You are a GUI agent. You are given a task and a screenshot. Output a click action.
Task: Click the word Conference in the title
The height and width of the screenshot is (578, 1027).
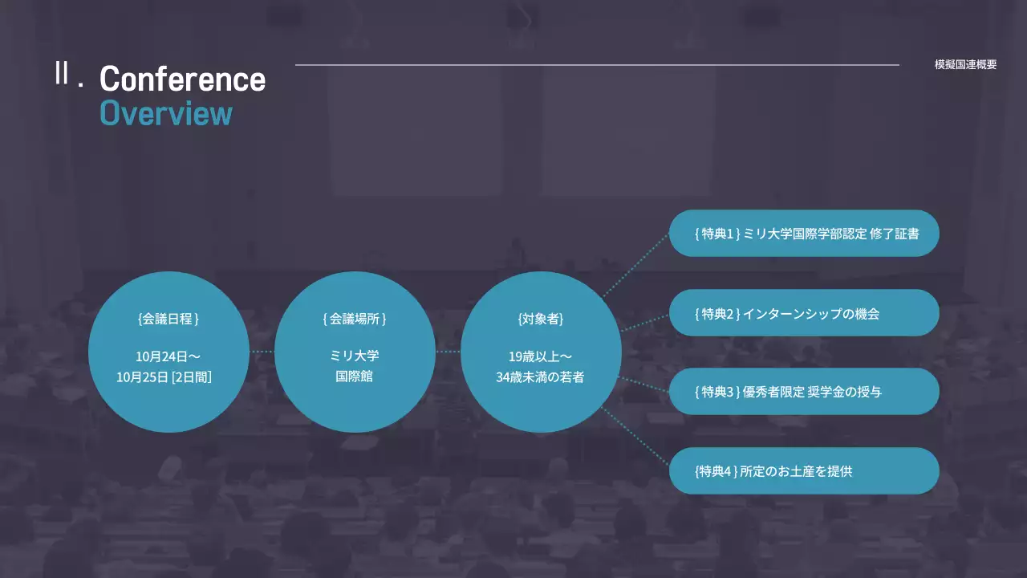tap(182, 79)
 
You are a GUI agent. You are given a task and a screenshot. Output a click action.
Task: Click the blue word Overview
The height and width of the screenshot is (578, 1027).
tap(166, 113)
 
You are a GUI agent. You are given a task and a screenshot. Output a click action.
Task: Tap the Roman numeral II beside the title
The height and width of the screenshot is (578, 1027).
tap(61, 73)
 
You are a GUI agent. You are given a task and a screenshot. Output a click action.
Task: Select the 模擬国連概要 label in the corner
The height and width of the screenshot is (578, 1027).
tap(965, 65)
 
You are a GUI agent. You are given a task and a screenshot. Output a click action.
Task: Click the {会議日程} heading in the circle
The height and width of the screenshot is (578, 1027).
tap(168, 319)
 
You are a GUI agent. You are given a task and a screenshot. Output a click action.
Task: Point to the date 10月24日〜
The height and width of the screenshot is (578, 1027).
tap(168, 356)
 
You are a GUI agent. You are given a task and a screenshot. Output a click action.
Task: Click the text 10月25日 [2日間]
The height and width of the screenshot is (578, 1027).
tap(164, 377)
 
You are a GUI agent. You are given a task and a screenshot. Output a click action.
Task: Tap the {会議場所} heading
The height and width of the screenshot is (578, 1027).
tap(355, 319)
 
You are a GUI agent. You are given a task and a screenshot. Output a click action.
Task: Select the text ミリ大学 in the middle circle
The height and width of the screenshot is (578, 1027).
tap(355, 356)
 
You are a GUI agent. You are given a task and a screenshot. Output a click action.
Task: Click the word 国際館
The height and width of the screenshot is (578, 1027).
tap(355, 377)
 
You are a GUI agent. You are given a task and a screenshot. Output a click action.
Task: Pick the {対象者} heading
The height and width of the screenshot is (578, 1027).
tap(541, 319)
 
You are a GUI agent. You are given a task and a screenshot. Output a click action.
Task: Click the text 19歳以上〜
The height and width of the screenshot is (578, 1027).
tap(541, 356)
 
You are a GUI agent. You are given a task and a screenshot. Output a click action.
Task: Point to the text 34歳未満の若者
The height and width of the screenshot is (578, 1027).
tap(541, 377)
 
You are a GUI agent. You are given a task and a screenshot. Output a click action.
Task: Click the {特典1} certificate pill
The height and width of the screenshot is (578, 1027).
tap(804, 234)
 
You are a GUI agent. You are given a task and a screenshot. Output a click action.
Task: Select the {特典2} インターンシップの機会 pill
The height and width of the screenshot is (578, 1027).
tap(804, 313)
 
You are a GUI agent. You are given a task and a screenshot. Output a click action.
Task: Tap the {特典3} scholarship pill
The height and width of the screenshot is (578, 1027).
tap(804, 392)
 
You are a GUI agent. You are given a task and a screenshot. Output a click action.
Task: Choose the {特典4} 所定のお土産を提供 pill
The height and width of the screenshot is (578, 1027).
tap(804, 471)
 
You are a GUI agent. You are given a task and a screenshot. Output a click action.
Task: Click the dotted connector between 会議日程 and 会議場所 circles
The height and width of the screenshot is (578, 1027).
tap(262, 352)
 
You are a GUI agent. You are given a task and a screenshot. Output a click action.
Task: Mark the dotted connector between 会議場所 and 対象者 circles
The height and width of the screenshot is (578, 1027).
tap(448, 352)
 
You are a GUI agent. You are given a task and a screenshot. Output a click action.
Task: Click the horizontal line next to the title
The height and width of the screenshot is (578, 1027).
tap(597, 65)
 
